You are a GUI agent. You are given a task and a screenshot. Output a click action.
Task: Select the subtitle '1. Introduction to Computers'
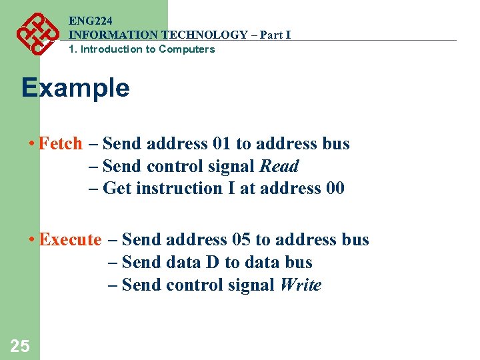coord(142,49)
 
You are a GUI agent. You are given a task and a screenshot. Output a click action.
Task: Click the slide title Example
coord(75,87)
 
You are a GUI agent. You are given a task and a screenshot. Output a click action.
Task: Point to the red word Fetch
coord(61,144)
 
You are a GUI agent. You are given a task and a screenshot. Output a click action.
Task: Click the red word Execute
coord(70,240)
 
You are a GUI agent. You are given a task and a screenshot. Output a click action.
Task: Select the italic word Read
coord(279,167)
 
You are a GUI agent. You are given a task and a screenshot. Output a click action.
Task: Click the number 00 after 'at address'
coord(335,189)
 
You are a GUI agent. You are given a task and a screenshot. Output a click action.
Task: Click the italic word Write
coord(300,285)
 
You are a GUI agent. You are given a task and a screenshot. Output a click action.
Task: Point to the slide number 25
coord(20,346)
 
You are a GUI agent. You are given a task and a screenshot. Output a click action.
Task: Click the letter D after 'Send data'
coord(212,263)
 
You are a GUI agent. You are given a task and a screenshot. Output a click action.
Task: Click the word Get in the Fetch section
coord(117,189)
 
